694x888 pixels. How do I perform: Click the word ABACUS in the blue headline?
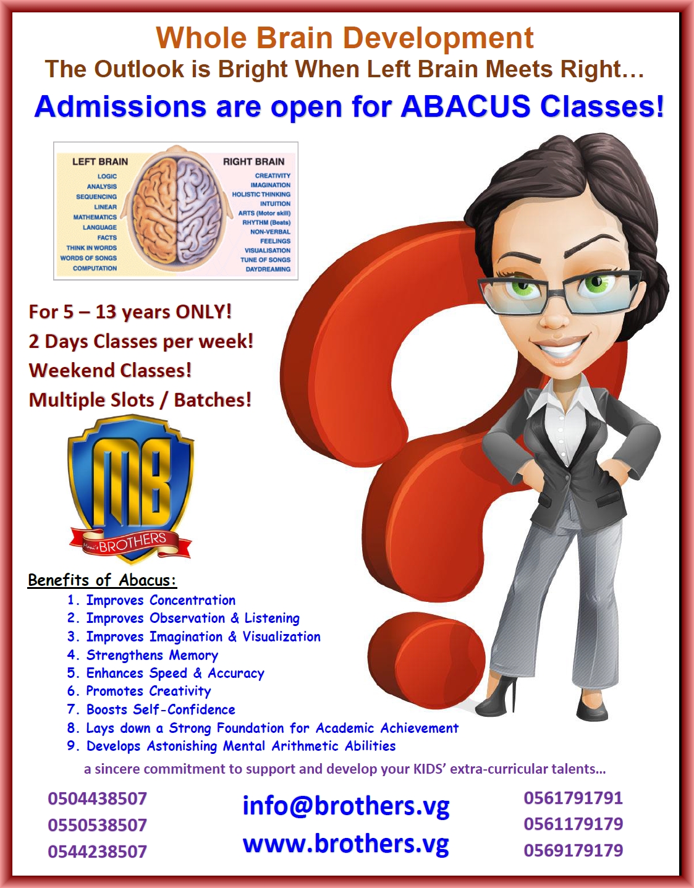[x=465, y=106]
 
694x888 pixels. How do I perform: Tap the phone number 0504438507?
[x=97, y=798]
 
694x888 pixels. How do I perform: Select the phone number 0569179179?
[x=573, y=850]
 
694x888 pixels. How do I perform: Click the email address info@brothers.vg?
[x=345, y=806]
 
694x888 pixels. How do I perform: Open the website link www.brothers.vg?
[x=345, y=844]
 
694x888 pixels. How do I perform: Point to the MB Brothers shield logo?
[x=130, y=488]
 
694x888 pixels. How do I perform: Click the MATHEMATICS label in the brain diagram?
[x=95, y=218]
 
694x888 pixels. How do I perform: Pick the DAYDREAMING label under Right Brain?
[x=268, y=269]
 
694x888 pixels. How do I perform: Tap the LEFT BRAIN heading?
[x=100, y=162]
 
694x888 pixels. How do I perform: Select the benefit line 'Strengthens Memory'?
[x=151, y=655]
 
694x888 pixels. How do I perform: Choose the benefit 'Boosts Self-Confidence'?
[x=160, y=709]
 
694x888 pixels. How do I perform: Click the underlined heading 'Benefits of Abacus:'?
[x=102, y=580]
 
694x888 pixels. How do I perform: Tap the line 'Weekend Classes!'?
[x=110, y=370]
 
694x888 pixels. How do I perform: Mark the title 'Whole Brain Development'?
[x=344, y=38]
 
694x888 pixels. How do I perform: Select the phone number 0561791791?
[x=573, y=798]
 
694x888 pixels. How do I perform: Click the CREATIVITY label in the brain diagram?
[x=273, y=176]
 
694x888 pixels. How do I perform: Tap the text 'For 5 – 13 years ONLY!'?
[x=130, y=311]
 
